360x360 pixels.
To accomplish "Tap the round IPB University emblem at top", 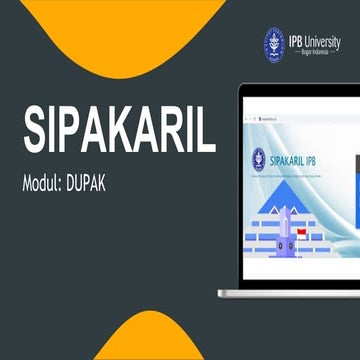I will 274,41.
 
